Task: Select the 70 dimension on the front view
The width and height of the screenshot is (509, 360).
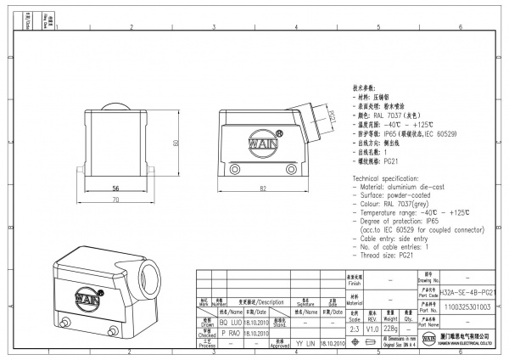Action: tap(115, 199)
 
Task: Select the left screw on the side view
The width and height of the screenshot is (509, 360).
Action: tap(234, 170)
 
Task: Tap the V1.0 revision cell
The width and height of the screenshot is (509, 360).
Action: tap(374, 328)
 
